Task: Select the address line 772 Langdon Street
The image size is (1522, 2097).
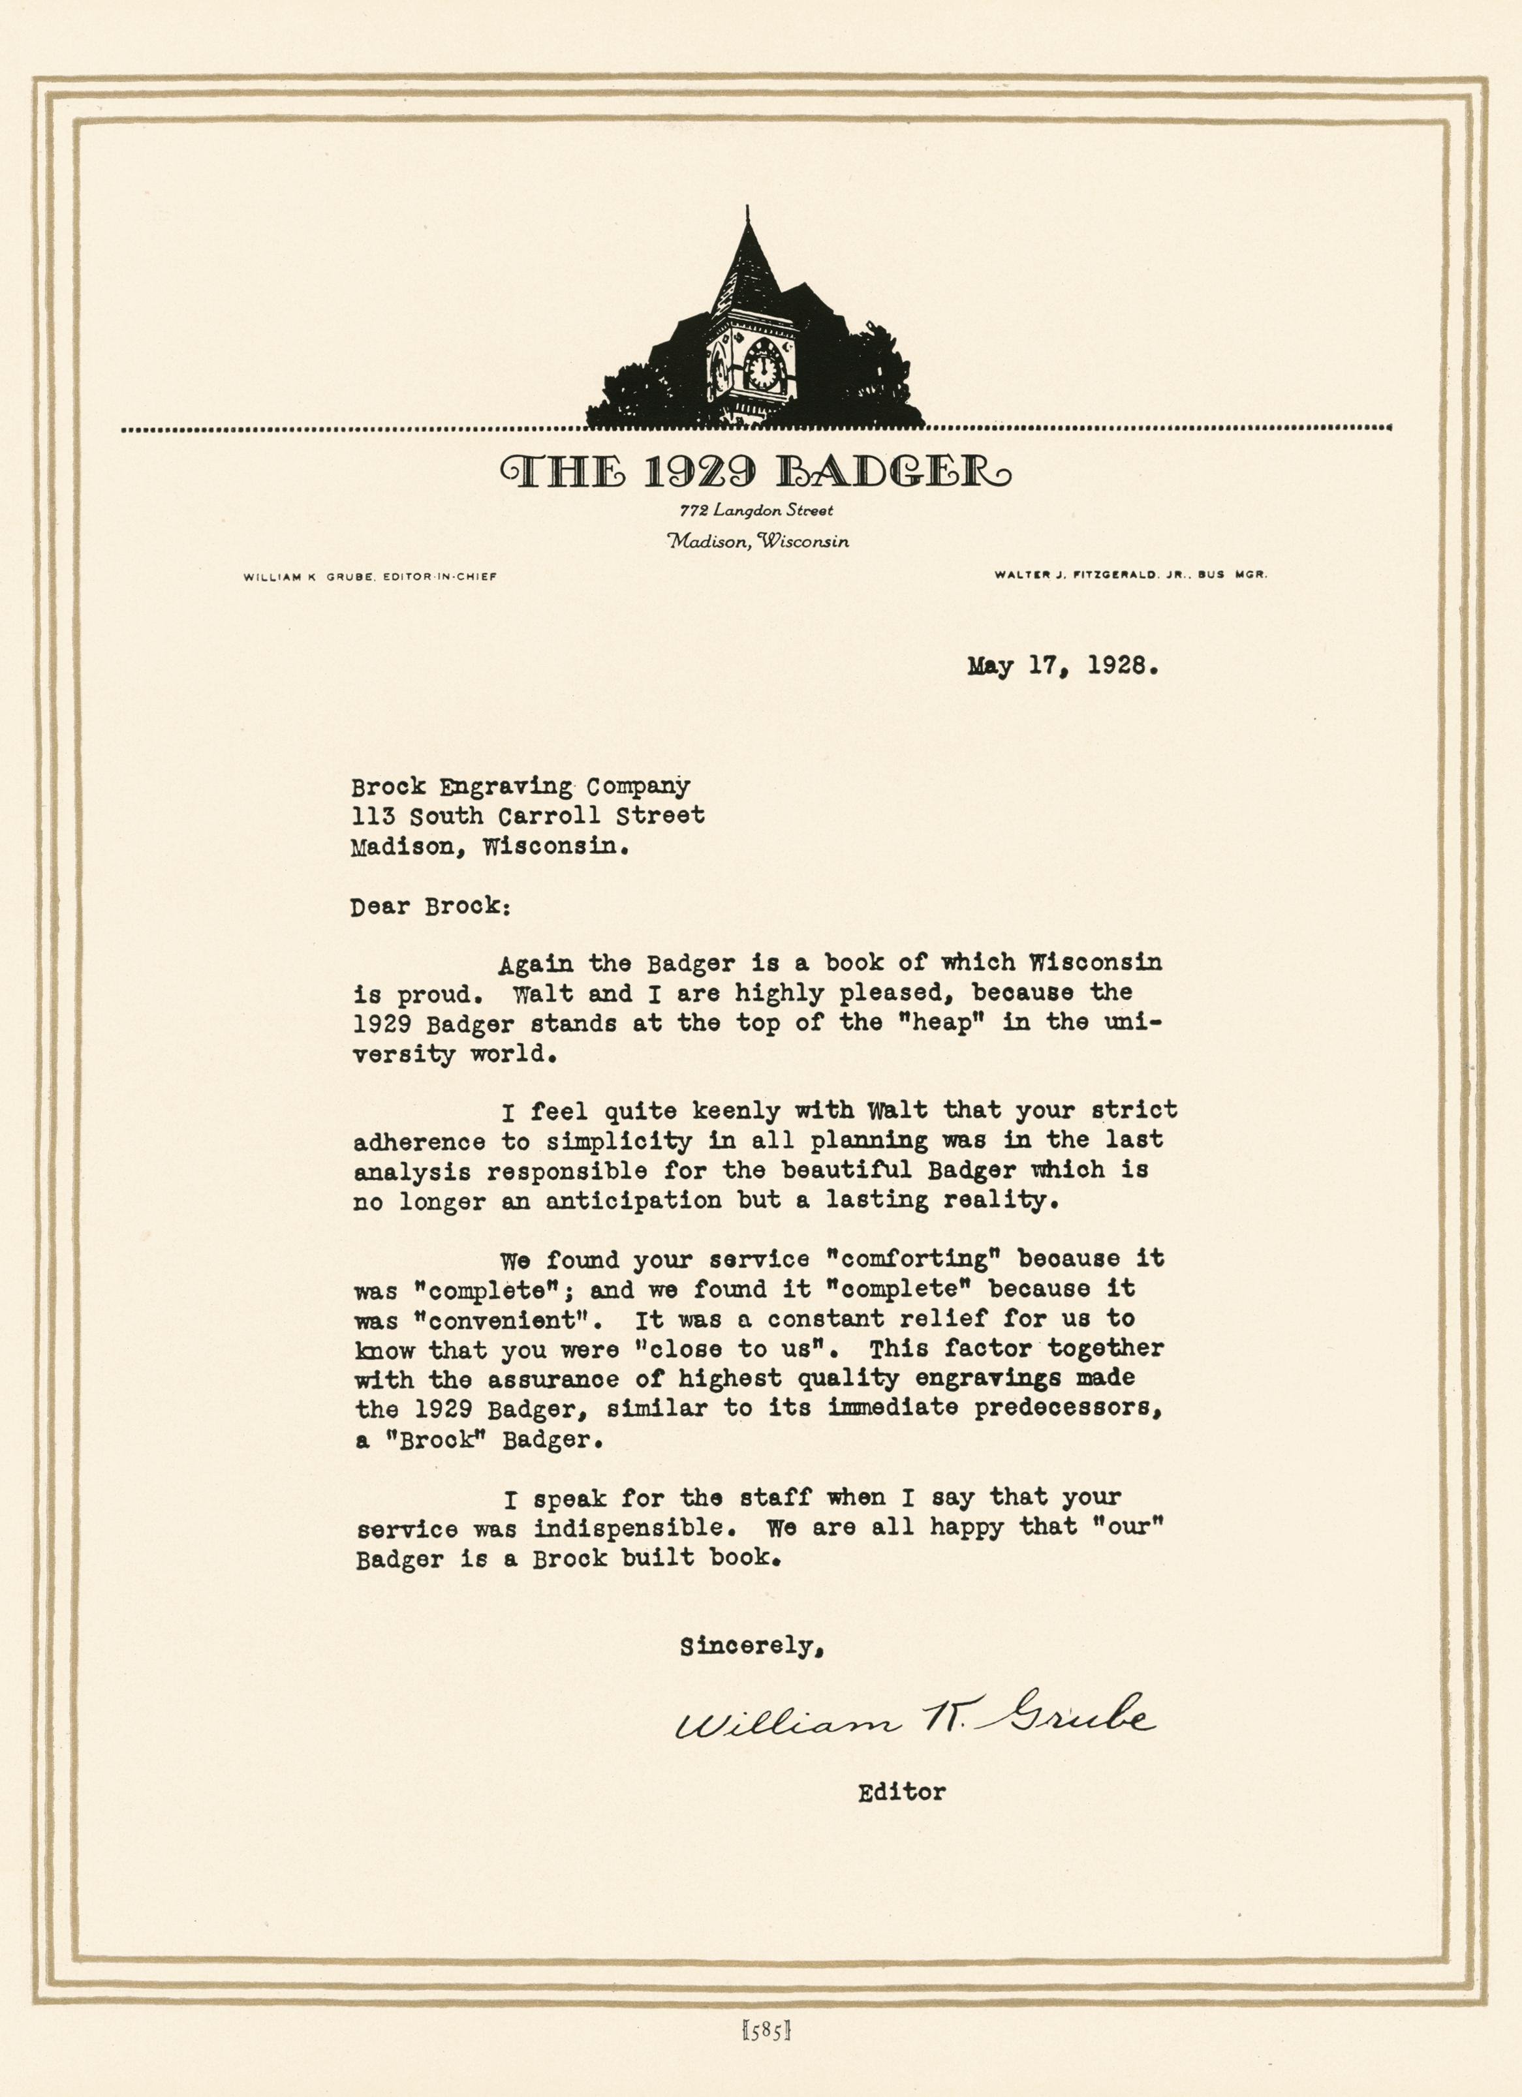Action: point(755,510)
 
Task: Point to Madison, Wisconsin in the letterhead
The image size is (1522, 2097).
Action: point(757,541)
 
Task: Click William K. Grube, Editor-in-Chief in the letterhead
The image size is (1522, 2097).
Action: point(370,576)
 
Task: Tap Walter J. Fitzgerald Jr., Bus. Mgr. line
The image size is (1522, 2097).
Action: point(1130,574)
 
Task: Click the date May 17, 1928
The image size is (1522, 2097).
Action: point(1063,666)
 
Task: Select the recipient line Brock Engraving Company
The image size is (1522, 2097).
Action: point(520,787)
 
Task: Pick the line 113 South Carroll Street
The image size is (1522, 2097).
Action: point(527,816)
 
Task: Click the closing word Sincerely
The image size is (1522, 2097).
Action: point(751,1647)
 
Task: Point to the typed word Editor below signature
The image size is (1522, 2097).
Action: point(901,1792)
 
